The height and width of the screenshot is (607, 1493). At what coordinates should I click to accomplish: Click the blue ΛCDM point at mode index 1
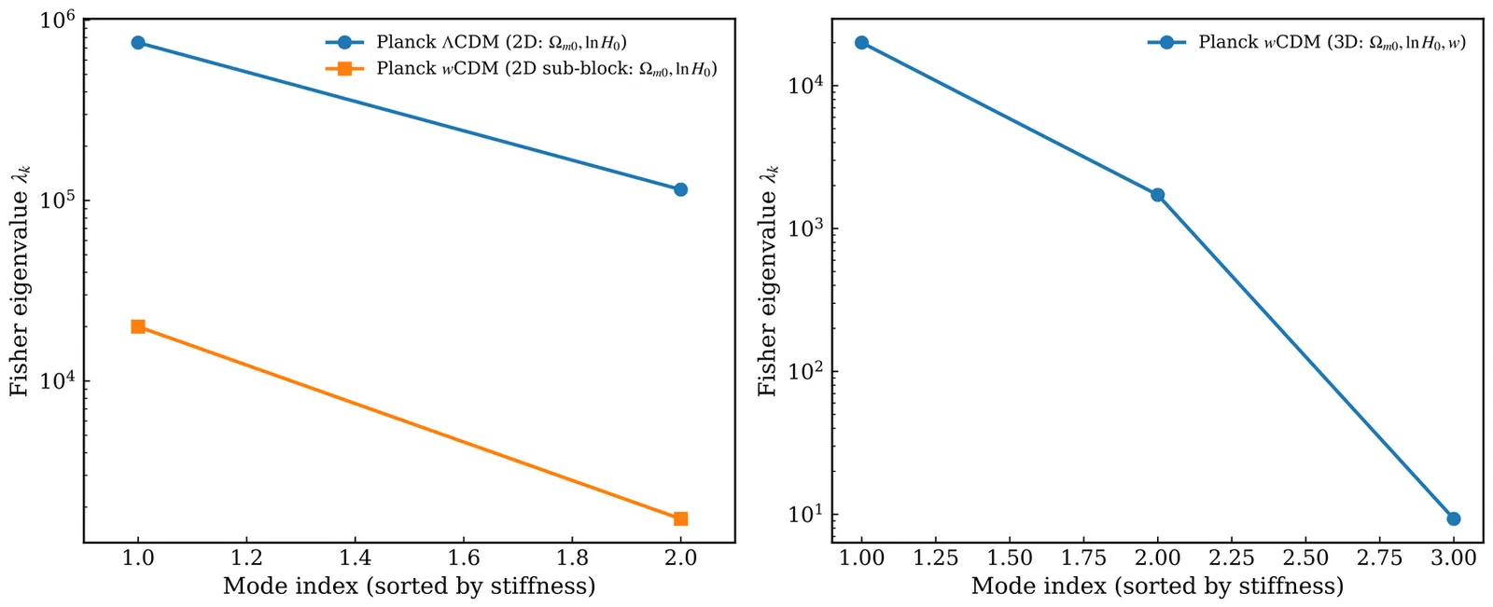coord(138,43)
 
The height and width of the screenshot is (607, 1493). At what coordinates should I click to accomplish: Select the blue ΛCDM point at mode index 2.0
coord(680,189)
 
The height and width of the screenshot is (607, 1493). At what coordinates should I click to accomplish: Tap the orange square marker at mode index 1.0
coord(138,326)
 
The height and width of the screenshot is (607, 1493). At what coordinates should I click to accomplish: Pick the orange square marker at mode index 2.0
coord(680,518)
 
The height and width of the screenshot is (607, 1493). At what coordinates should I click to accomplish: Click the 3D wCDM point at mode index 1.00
coord(861,43)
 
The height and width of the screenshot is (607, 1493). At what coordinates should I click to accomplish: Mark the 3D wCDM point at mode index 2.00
coord(1157,195)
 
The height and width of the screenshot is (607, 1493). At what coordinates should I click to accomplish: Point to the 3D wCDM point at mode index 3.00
coord(1453,518)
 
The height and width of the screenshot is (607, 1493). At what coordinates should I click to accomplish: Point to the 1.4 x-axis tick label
coord(355,558)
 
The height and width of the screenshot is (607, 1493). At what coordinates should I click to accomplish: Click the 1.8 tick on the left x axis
coord(572,558)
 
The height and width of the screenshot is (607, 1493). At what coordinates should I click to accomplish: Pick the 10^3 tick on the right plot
coord(804,229)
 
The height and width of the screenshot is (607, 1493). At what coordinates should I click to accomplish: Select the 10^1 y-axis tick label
coord(804,515)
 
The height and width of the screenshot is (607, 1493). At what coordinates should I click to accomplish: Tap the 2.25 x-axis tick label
coord(1231,558)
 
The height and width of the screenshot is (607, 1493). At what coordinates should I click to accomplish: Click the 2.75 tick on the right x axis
coord(1379,558)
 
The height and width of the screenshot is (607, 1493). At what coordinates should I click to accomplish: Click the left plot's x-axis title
coord(409,586)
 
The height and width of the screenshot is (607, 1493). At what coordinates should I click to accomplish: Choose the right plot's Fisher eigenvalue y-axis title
coord(767,280)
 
